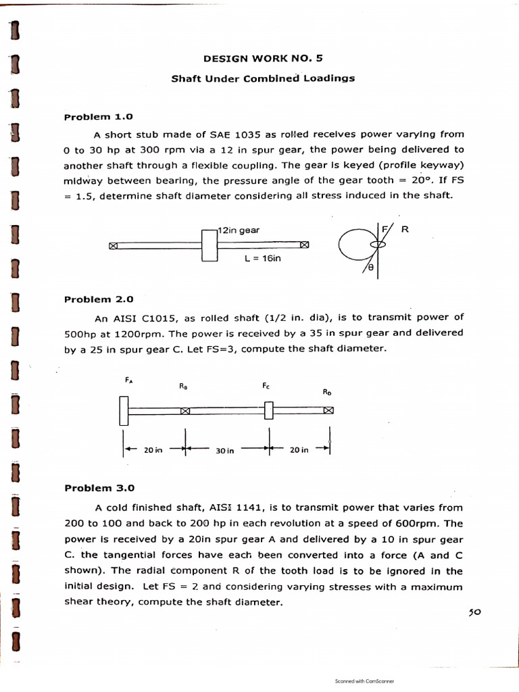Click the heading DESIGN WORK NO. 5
pos(263,58)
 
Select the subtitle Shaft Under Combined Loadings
pos(263,78)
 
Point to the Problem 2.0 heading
pos(99,299)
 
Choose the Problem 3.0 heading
pos(99,487)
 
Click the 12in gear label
pos(239,230)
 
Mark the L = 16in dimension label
pos(262,258)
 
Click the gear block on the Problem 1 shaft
pos(209,245)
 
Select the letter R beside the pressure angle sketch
pos(405,230)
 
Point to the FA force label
pos(128,381)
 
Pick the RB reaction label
pos(183,387)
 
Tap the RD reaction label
pos(327,391)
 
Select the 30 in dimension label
pos(225,451)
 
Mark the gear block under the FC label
pos(268,410)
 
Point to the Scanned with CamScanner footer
pos(364,682)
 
